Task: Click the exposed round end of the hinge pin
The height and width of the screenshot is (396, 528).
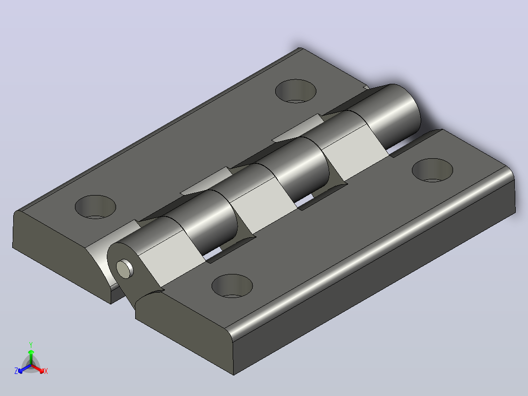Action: pyautogui.click(x=124, y=269)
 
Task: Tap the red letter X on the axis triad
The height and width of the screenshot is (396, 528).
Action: pyautogui.click(x=46, y=371)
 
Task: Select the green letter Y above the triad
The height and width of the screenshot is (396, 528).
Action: pyautogui.click(x=31, y=345)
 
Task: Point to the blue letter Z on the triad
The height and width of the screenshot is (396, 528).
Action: pyautogui.click(x=16, y=371)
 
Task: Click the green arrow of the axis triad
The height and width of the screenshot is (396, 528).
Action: pyautogui.click(x=31, y=357)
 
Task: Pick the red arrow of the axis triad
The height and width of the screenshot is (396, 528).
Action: pyautogui.click(x=37, y=368)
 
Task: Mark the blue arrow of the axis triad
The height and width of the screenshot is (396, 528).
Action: pyautogui.click(x=24, y=369)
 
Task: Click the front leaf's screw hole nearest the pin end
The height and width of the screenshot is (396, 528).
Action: pyautogui.click(x=232, y=286)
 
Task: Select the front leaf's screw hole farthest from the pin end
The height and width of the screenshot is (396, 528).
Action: pyautogui.click(x=432, y=170)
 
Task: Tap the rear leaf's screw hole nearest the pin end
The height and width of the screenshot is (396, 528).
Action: pyautogui.click(x=96, y=207)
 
